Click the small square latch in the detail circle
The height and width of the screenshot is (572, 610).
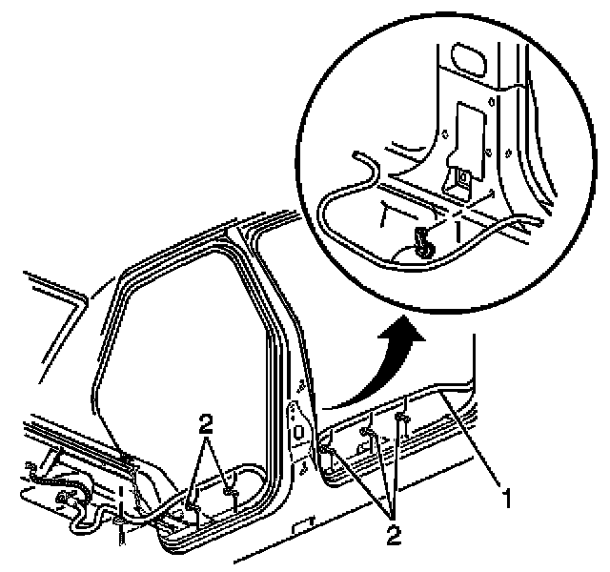click(461, 174)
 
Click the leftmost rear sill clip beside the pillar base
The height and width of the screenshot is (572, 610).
click(326, 448)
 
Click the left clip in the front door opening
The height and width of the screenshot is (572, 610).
click(194, 497)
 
